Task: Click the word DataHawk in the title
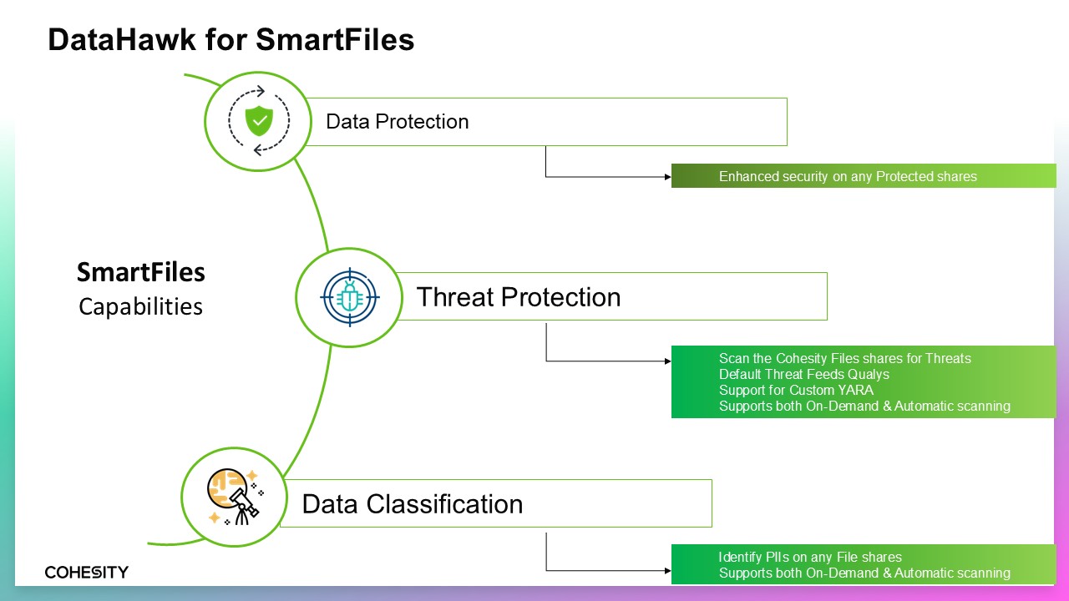click(x=122, y=39)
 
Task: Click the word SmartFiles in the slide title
click(x=335, y=39)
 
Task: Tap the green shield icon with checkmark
click(x=259, y=121)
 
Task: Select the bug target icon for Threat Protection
click(x=350, y=297)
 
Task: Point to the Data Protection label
click(x=397, y=122)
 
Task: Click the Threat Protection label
click(x=519, y=297)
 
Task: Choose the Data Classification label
click(x=413, y=504)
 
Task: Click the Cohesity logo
click(x=86, y=572)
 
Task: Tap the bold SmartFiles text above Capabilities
click(x=141, y=272)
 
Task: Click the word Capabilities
click(x=141, y=306)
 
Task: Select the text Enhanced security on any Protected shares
click(x=848, y=176)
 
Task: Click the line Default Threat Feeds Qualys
click(x=804, y=375)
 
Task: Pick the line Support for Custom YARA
click(x=796, y=390)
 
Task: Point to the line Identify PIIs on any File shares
click(x=810, y=557)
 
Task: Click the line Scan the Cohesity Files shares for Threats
click(x=844, y=358)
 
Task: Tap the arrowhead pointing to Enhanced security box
click(x=667, y=177)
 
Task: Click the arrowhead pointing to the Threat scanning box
click(x=667, y=361)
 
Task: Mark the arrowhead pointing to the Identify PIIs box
click(x=667, y=570)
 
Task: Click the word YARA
click(x=856, y=390)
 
